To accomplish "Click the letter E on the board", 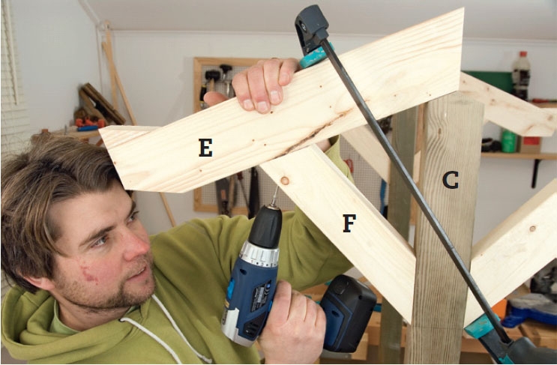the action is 205,148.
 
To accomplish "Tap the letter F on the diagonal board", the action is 349,223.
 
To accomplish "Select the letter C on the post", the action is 450,180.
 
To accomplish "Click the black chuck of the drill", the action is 266,227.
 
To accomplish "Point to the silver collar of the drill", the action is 259,253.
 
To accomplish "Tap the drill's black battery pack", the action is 347,313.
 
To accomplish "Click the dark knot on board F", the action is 285,181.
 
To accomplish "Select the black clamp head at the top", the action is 310,28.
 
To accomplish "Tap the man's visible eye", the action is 102,240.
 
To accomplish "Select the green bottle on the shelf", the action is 508,141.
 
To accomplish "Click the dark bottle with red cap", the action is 521,75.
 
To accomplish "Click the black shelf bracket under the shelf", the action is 535,173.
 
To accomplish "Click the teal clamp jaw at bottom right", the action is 480,326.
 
